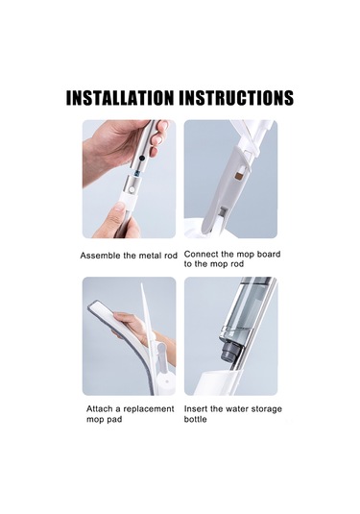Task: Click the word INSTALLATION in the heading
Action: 120,98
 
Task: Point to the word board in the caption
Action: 268,254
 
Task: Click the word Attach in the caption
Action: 98,408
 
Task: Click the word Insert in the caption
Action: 196,408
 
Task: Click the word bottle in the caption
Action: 195,419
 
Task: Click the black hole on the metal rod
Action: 142,158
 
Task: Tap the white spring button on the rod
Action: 132,190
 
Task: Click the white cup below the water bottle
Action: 222,382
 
